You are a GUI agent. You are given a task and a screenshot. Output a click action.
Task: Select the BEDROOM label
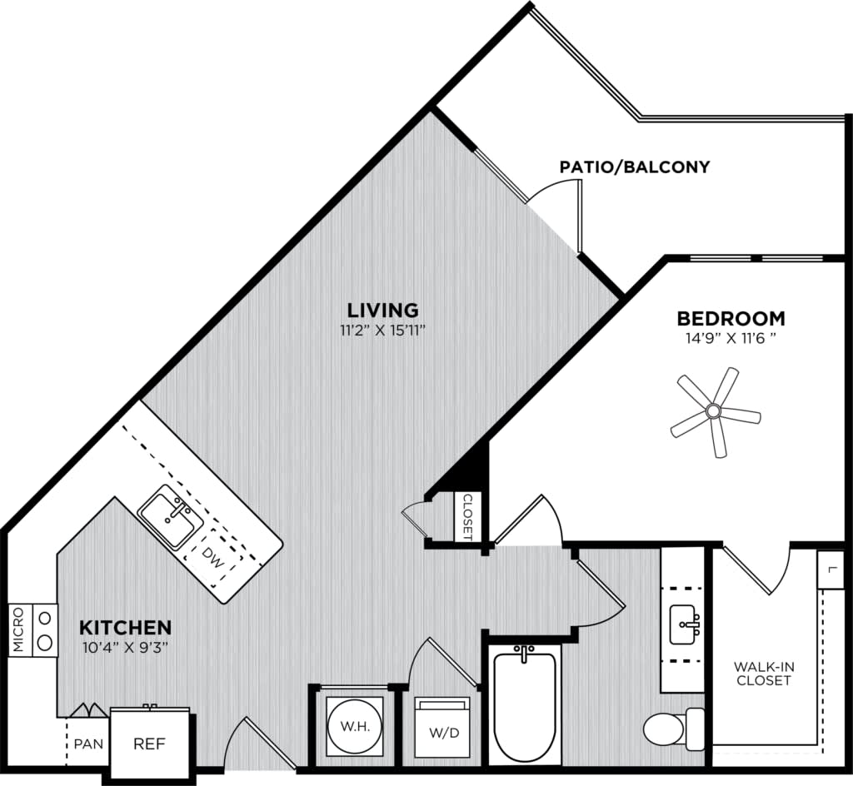point(730,318)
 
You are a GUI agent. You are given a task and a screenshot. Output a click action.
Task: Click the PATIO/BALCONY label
point(635,167)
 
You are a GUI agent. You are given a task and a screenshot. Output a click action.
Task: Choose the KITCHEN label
point(125,627)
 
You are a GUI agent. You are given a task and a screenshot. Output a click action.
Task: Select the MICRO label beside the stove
point(18,630)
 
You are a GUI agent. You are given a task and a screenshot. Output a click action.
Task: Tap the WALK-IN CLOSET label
point(762,673)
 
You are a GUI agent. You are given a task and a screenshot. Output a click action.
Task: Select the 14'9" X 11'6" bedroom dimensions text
point(730,339)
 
